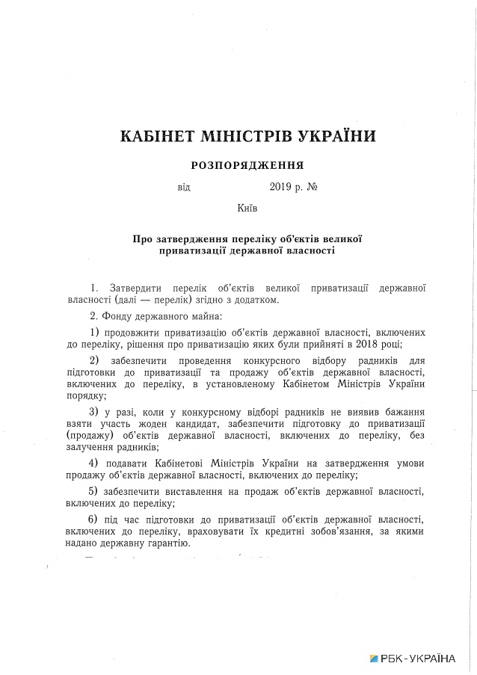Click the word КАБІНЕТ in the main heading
tap(156, 136)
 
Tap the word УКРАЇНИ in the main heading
tap(327, 136)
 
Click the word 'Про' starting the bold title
tap(143, 238)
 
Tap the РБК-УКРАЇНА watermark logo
tap(412, 659)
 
